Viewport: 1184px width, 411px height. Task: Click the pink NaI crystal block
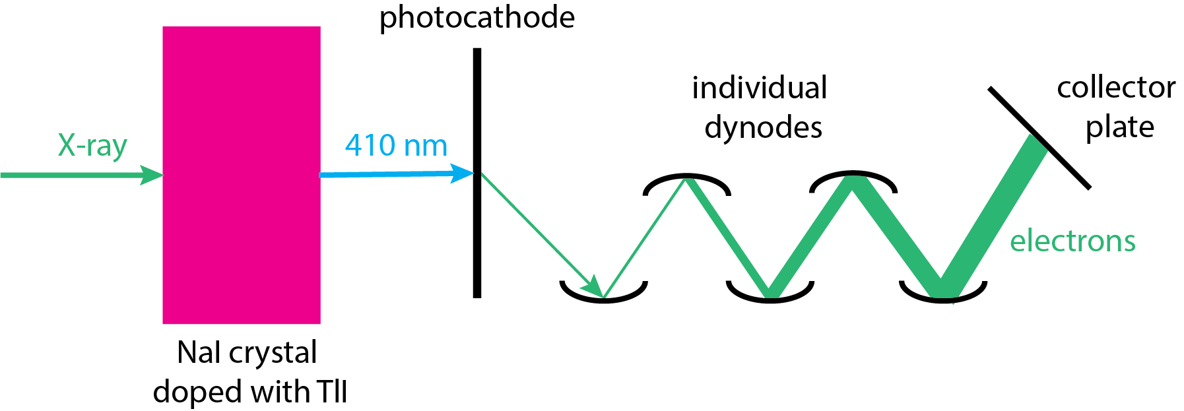pos(242,175)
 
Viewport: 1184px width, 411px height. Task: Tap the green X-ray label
pos(92,146)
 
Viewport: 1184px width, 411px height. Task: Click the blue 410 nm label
pos(396,146)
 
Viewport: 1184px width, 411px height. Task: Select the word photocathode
pos(477,18)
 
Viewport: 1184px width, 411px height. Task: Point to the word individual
pos(759,88)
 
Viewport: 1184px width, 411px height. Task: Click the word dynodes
pos(763,127)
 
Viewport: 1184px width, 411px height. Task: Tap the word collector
pos(1115,88)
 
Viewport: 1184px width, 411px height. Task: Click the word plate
pos(1119,127)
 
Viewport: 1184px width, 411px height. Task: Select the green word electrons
pos(1072,241)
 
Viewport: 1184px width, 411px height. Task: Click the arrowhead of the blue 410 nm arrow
pos(464,174)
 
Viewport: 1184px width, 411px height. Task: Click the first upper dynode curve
pos(686,179)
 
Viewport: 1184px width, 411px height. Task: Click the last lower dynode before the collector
pos(943,298)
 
